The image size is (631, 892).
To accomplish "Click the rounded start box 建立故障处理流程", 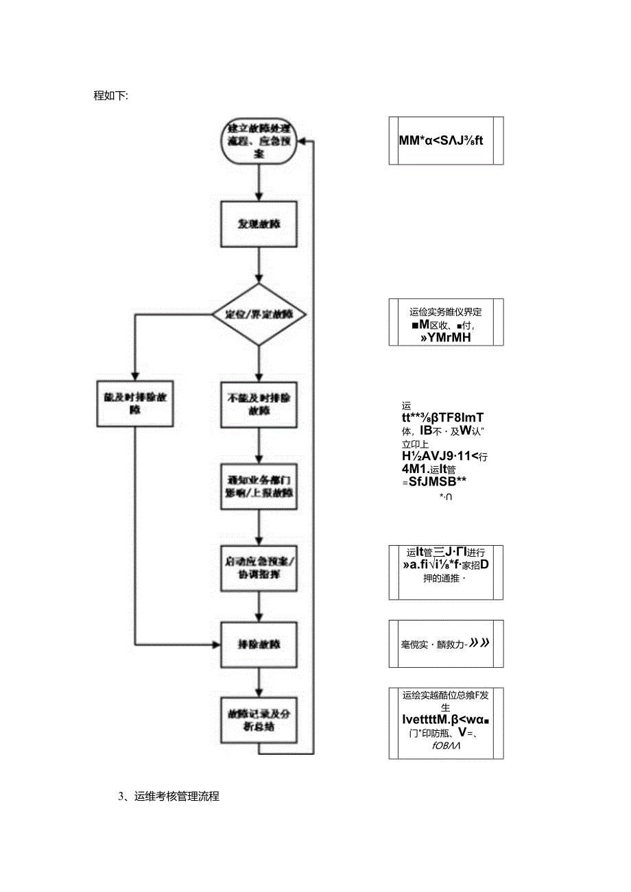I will [x=258, y=142].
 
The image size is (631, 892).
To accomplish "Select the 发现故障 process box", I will [x=258, y=224].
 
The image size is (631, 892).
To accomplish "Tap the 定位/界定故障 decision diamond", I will [x=258, y=315].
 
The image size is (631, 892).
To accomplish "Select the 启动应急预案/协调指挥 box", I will [x=258, y=568].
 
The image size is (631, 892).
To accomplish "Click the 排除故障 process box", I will [x=258, y=644].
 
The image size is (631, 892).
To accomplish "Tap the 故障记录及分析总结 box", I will [x=258, y=720].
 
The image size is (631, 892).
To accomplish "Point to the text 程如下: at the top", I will [x=110, y=95].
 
